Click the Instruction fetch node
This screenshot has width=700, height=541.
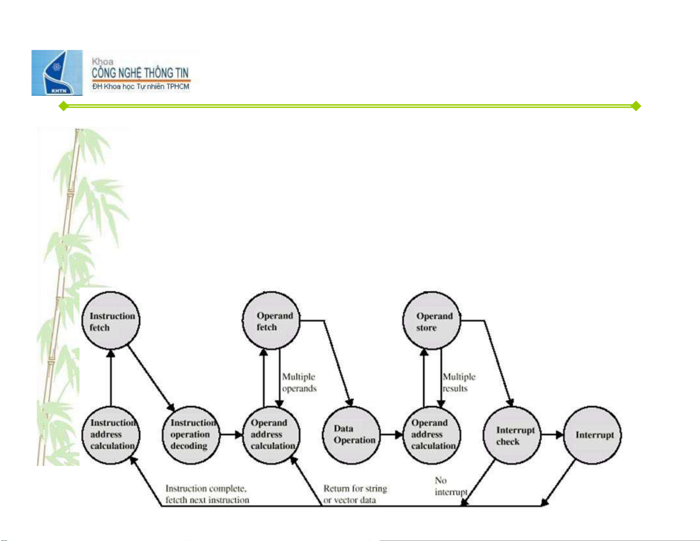111,321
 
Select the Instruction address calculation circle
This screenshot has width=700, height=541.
111,435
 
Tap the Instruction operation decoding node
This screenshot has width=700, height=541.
191,435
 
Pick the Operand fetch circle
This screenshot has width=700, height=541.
271,321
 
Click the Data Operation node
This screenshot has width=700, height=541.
352,435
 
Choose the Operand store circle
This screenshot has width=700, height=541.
431,321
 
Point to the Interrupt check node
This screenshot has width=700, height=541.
512,435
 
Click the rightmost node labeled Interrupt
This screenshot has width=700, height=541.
592,435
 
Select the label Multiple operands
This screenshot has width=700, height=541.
299,382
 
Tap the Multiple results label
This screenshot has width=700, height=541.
459,382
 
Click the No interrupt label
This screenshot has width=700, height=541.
450,486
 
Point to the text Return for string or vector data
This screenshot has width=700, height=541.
355,494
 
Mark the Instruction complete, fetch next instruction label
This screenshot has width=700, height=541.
207,494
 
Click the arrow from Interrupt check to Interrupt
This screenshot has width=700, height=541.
552,435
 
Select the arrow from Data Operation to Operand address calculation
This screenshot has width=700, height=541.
392,435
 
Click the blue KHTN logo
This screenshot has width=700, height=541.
57,73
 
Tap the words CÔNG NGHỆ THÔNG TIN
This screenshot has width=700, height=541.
140,73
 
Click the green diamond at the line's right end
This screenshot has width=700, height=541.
636,106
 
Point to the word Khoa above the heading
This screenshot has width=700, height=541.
102,62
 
